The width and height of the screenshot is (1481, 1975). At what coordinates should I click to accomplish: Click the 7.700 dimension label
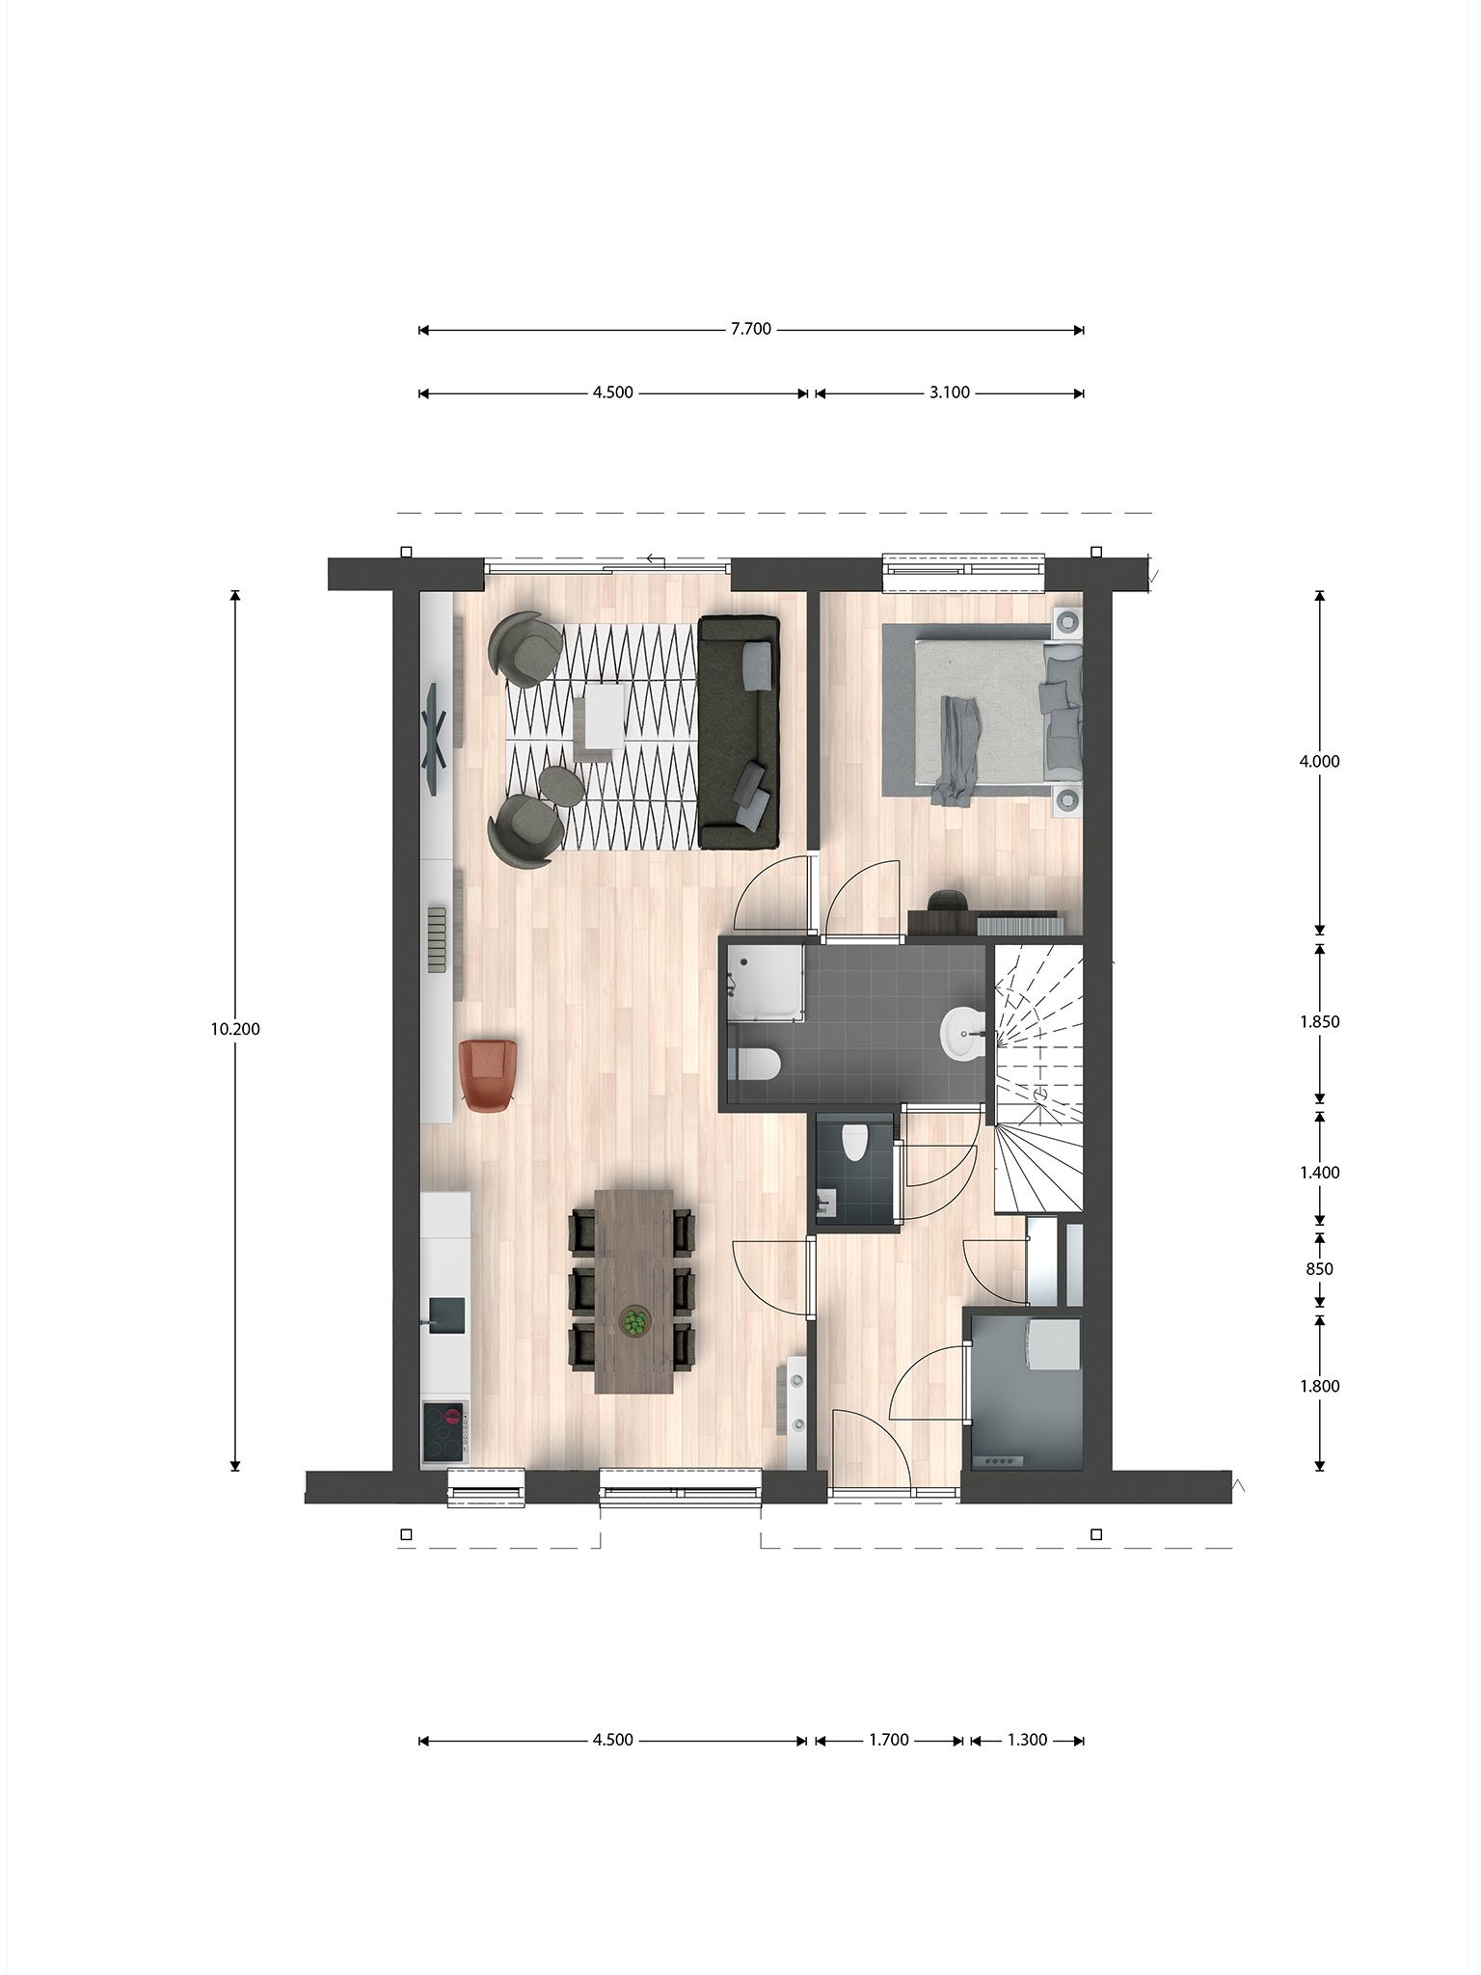tap(751, 329)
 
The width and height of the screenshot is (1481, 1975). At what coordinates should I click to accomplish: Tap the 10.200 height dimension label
tap(235, 1029)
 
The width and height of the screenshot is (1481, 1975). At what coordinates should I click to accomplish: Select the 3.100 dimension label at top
tap(950, 392)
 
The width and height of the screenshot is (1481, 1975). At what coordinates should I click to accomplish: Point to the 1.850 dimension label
tap(1320, 1021)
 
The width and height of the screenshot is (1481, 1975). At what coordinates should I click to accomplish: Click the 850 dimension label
tap(1319, 1269)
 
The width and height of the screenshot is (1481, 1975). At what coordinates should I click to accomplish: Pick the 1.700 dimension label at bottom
tap(889, 1741)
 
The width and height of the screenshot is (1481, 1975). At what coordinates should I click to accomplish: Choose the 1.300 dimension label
tap(1027, 1741)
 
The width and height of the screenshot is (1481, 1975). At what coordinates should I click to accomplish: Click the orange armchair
tap(489, 1075)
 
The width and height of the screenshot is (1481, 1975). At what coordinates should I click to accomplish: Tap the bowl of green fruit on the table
tap(634, 1321)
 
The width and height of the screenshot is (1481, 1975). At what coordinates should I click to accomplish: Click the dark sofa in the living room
tap(739, 733)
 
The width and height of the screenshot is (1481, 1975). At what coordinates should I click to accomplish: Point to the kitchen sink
tap(446, 1312)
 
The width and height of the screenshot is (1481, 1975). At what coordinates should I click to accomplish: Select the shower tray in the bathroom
tap(765, 981)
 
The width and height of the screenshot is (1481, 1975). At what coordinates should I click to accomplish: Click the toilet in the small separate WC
tap(854, 1144)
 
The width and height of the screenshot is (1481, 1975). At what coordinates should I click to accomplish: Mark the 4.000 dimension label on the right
tap(1320, 761)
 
